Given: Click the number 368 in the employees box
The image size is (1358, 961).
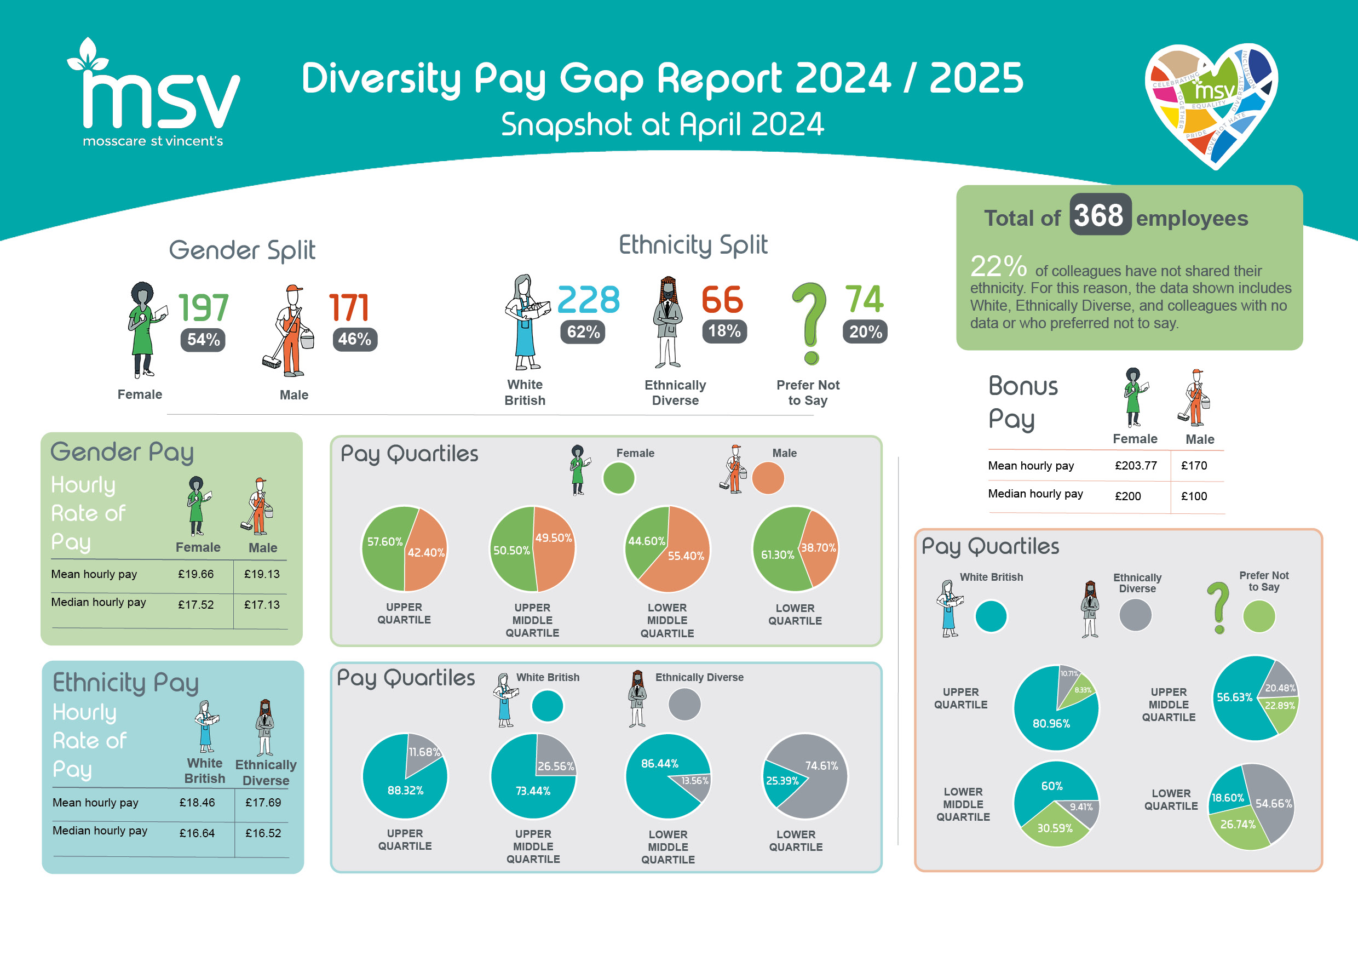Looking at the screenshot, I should pyautogui.click(x=1099, y=215).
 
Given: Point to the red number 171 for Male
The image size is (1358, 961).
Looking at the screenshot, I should pyautogui.click(x=349, y=308).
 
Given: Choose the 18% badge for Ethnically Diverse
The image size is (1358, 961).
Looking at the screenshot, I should pyautogui.click(x=724, y=331).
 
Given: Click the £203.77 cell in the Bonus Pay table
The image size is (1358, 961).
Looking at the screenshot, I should pyautogui.click(x=1135, y=466).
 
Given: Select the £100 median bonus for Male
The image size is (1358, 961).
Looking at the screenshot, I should pyautogui.click(x=1194, y=496).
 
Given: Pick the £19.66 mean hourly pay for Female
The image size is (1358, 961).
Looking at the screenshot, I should pyautogui.click(x=196, y=574).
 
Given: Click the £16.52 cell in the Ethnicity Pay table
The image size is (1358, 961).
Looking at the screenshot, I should pyautogui.click(x=263, y=833).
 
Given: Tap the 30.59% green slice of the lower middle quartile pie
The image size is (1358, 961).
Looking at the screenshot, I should pyautogui.click(x=1055, y=827).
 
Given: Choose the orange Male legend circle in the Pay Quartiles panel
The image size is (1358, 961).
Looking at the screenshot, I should pyautogui.click(x=768, y=478).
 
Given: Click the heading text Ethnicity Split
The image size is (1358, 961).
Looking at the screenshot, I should pyautogui.click(x=693, y=245).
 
